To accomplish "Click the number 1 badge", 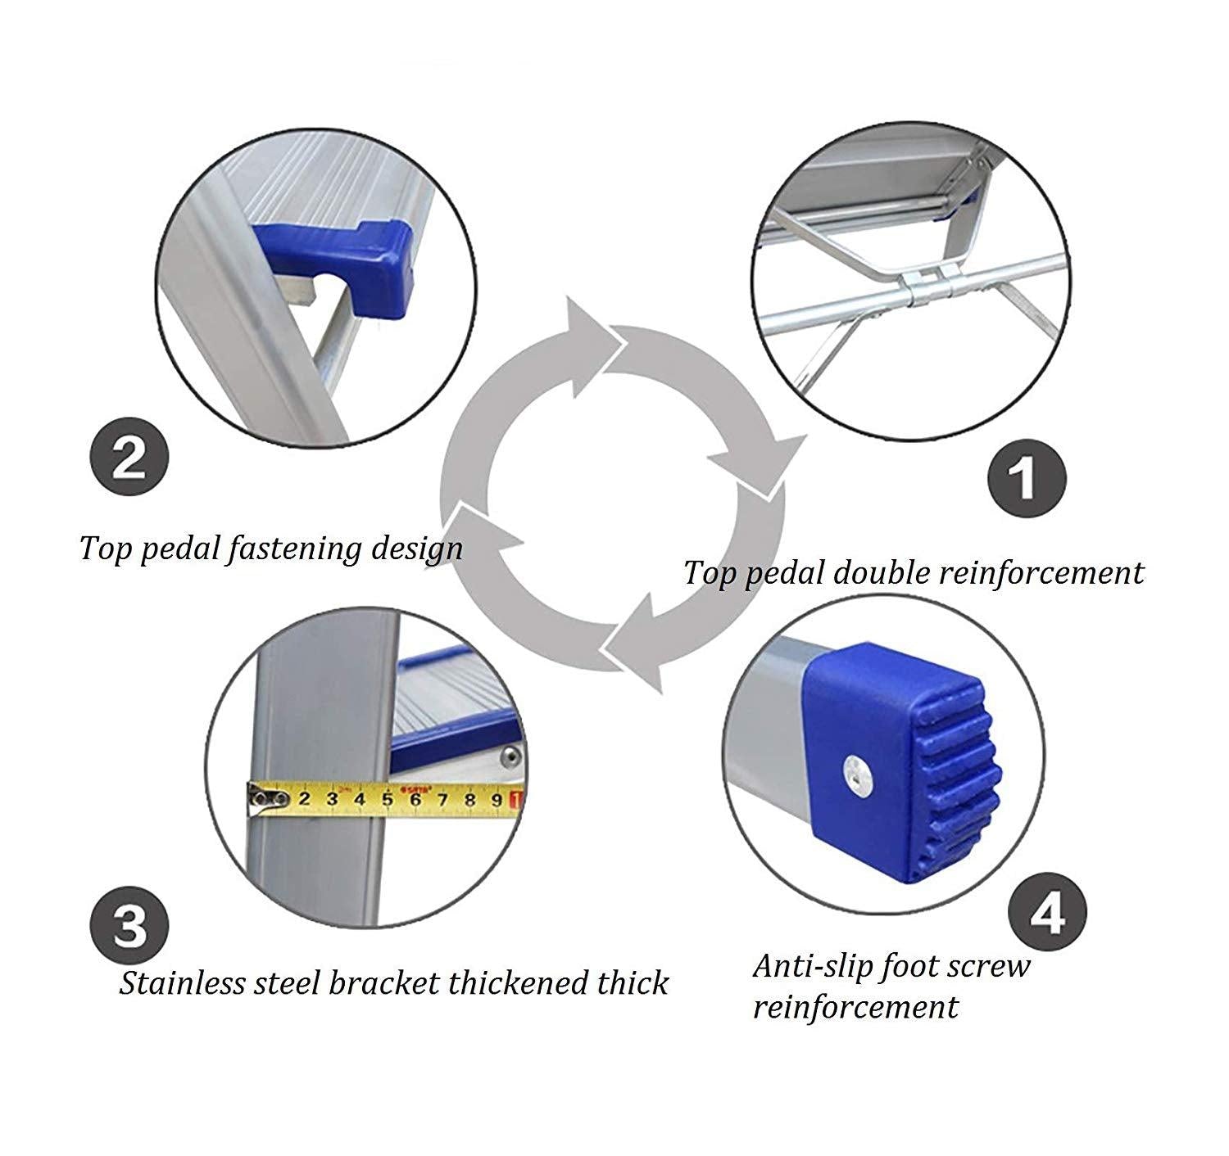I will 1026,476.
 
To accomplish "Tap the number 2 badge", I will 129,458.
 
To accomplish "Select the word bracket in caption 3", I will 384,982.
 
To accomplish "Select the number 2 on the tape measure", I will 304,799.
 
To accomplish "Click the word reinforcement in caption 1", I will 1040,573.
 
